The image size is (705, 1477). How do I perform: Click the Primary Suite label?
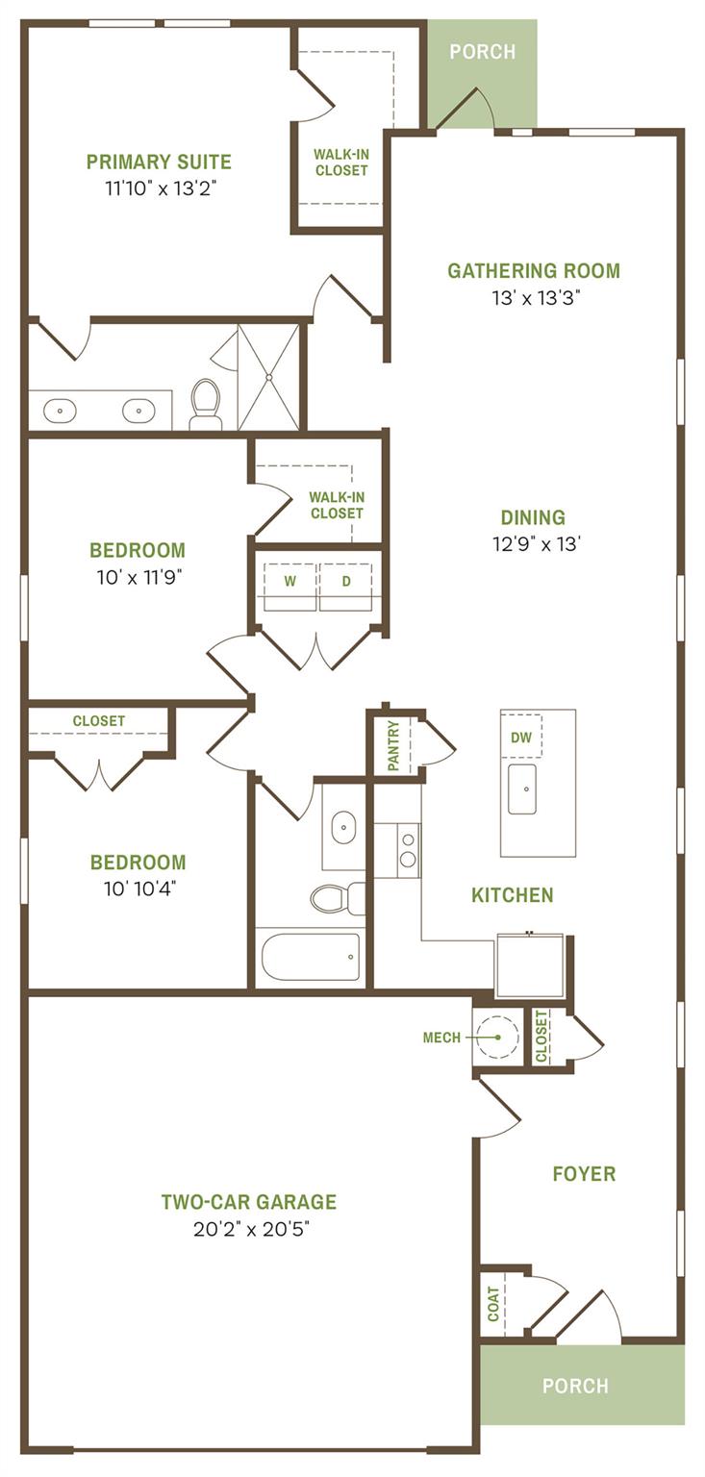tap(159, 162)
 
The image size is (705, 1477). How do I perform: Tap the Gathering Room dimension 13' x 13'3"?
tap(534, 297)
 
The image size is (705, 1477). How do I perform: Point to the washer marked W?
tap(290, 582)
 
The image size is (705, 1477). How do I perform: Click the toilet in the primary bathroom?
tap(206, 403)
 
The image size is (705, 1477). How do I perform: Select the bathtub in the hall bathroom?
tap(311, 956)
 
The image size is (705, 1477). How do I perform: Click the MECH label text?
tap(441, 1038)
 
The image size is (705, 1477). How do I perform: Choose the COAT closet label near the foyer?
tap(493, 1303)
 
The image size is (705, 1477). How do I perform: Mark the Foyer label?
tap(584, 1173)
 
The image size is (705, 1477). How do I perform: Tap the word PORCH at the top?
tap(483, 52)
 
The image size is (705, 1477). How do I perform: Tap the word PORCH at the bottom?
tap(575, 1386)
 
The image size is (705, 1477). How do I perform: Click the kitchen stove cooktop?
tap(409, 849)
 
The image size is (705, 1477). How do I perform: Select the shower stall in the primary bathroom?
tap(268, 377)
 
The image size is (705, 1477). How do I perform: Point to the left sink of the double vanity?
tap(60, 411)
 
